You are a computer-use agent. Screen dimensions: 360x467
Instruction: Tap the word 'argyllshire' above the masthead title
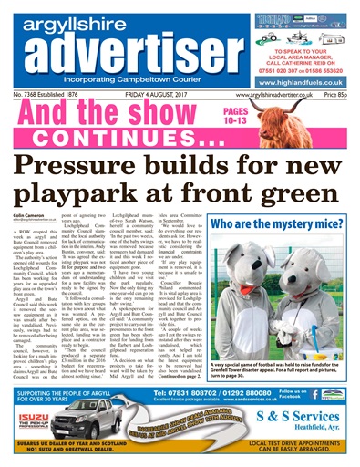(x=77, y=16)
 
